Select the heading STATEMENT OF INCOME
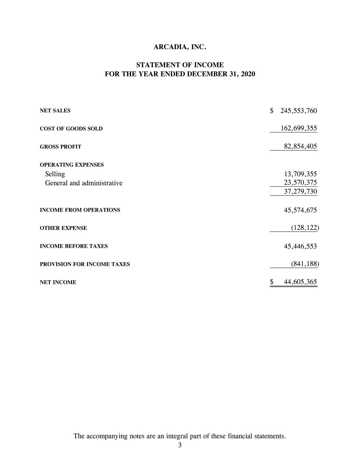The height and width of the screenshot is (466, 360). pos(180,65)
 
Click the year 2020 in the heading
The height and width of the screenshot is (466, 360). pos(247,74)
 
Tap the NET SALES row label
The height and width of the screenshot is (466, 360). pos(55,111)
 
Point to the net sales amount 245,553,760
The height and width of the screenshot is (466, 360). pos(299,111)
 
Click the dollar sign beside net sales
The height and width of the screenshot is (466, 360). pos(272,111)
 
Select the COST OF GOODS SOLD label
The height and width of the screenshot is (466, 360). pos(71,129)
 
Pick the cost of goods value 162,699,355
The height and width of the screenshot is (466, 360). pos(299,128)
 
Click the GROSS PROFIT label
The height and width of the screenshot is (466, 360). pos(60,147)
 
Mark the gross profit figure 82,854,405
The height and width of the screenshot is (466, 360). pos(300,146)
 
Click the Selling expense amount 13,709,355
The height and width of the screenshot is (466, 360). pos(300,174)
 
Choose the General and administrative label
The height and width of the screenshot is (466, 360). pos(84,183)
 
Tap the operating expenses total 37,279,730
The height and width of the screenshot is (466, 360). pos(300,192)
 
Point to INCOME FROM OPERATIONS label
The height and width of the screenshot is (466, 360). pos(80,210)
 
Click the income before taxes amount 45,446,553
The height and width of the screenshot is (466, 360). pos(300,246)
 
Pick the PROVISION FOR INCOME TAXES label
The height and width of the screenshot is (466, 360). pos(85,264)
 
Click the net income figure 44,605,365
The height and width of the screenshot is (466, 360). pos(300,282)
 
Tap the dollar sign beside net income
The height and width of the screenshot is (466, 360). pos(272,282)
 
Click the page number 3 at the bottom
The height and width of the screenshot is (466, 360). pos(180,445)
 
